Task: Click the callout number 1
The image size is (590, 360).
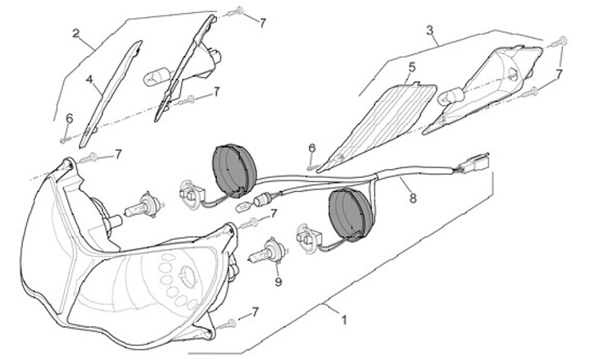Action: (343, 321)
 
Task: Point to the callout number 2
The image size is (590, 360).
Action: (75, 34)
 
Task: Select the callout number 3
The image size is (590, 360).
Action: (429, 30)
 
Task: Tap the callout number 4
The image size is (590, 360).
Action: (89, 80)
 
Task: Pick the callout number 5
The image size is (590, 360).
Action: (411, 66)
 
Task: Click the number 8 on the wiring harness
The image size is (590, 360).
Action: (412, 197)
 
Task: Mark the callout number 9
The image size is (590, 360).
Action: (278, 282)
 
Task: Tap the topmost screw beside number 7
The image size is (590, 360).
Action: (238, 11)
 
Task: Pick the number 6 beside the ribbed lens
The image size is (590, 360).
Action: (312, 148)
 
